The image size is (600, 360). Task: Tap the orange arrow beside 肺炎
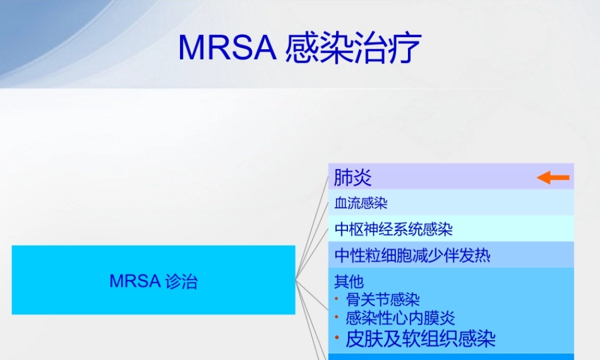[x=553, y=178]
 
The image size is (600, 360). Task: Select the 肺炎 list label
[x=353, y=178]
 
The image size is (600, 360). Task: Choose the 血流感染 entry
[x=361, y=203]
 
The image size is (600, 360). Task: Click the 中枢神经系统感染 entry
[x=393, y=229]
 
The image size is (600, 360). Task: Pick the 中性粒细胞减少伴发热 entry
[x=412, y=256]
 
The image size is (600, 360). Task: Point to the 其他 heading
[x=349, y=281]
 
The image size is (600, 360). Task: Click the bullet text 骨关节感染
[x=382, y=299]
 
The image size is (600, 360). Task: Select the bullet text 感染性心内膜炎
[x=400, y=318]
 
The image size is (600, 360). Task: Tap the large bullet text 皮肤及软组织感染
[x=420, y=339]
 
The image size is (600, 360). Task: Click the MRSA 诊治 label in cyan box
[x=154, y=281]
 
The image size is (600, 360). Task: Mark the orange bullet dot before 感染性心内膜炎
[x=337, y=317]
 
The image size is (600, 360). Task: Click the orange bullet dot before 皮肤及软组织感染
[x=337, y=337]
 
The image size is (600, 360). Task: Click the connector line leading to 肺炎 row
[x=313, y=229]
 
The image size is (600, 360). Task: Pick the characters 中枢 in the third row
[x=349, y=229]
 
